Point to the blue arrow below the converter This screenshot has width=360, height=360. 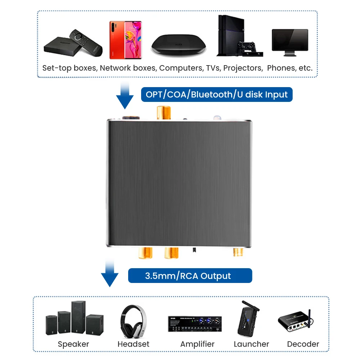coord(109,275)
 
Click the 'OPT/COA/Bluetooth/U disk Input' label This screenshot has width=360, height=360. coord(216,95)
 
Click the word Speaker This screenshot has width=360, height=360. coord(73,344)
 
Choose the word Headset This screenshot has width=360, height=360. coord(133,344)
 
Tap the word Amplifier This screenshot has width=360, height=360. coord(197,344)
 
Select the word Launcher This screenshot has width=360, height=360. coord(251,344)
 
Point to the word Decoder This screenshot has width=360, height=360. coord(303,344)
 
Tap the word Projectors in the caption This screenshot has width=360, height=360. coord(243,68)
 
